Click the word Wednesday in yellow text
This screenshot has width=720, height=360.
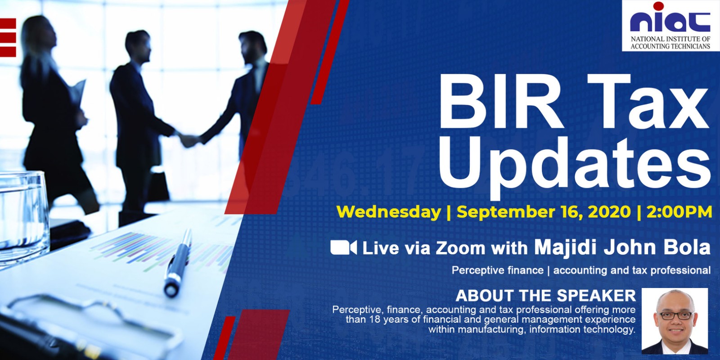pyautogui.click(x=389, y=212)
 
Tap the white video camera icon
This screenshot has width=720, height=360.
pyautogui.click(x=344, y=248)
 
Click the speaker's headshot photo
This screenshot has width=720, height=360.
pyautogui.click(x=675, y=321)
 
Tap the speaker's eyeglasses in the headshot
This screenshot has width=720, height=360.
pyautogui.click(x=675, y=315)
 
